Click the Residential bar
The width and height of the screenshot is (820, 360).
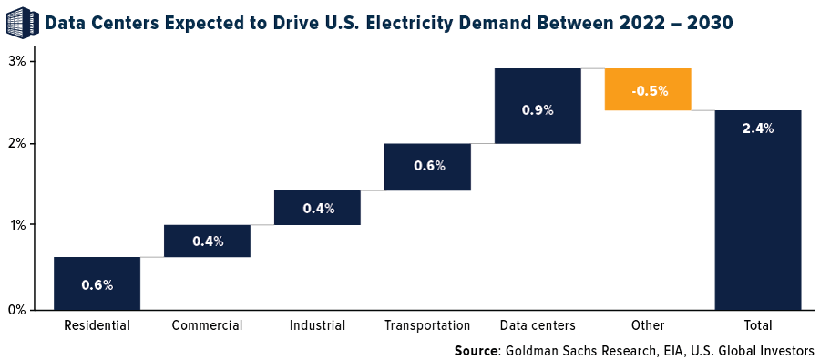97,283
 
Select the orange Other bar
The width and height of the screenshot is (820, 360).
648,89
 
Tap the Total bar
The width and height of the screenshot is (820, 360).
757,210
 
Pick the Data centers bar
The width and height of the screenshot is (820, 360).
538,106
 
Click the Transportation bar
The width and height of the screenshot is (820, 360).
427,167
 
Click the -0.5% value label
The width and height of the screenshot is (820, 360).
648,90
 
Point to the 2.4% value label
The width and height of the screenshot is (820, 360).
757,129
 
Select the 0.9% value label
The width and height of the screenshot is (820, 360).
538,109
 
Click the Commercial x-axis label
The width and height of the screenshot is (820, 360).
207,325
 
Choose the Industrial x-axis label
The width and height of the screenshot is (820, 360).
317,325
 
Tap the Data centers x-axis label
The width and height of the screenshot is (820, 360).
538,325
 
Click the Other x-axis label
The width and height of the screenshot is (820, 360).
648,325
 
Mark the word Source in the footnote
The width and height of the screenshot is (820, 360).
477,350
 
